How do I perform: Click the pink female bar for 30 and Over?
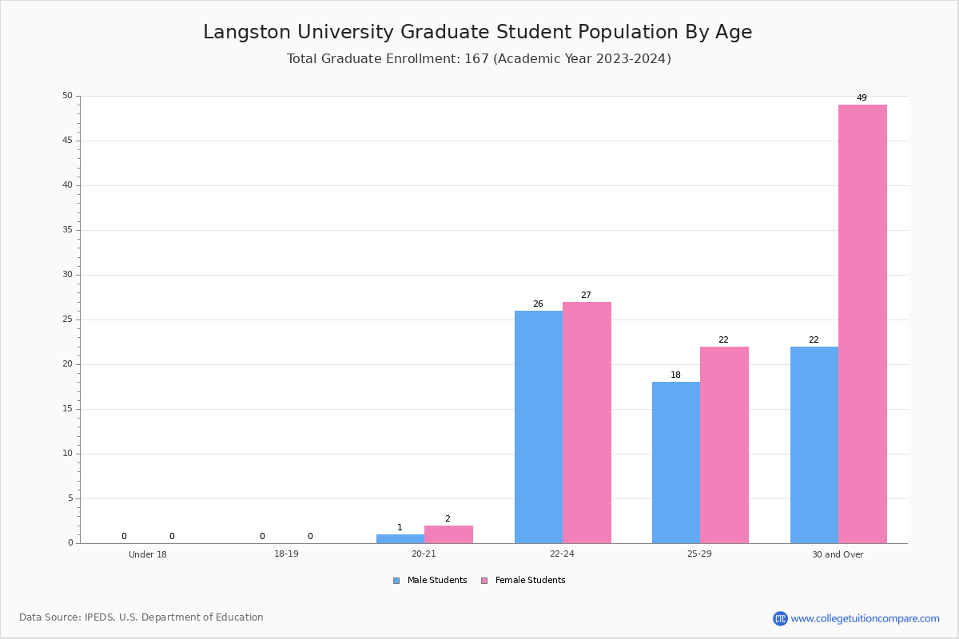(x=862, y=323)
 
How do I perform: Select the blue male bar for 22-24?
(x=538, y=427)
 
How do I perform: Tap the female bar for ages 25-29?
(x=724, y=445)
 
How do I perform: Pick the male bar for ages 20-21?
(x=400, y=539)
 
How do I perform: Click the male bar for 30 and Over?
(x=814, y=445)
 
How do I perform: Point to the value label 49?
(x=862, y=98)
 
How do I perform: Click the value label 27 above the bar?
(x=586, y=296)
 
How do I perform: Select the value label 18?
(x=675, y=375)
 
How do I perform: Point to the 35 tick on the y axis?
(x=67, y=230)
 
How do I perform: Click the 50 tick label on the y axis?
(x=67, y=96)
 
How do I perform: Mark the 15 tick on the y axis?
(x=67, y=409)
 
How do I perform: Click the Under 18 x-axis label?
(x=148, y=554)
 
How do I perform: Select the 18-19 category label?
(x=286, y=554)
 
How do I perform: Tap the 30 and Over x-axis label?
(x=838, y=554)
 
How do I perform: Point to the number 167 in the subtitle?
(x=477, y=59)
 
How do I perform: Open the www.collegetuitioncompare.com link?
(x=865, y=618)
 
